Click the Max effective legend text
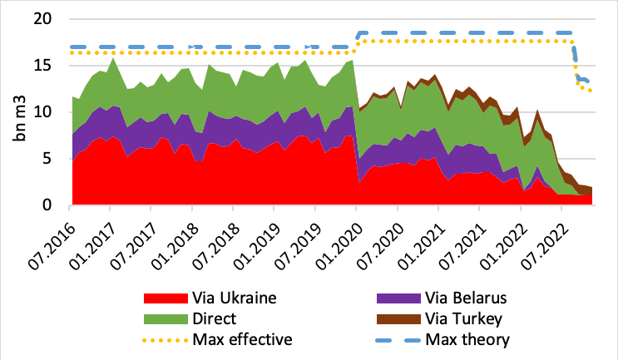point(240,338)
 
